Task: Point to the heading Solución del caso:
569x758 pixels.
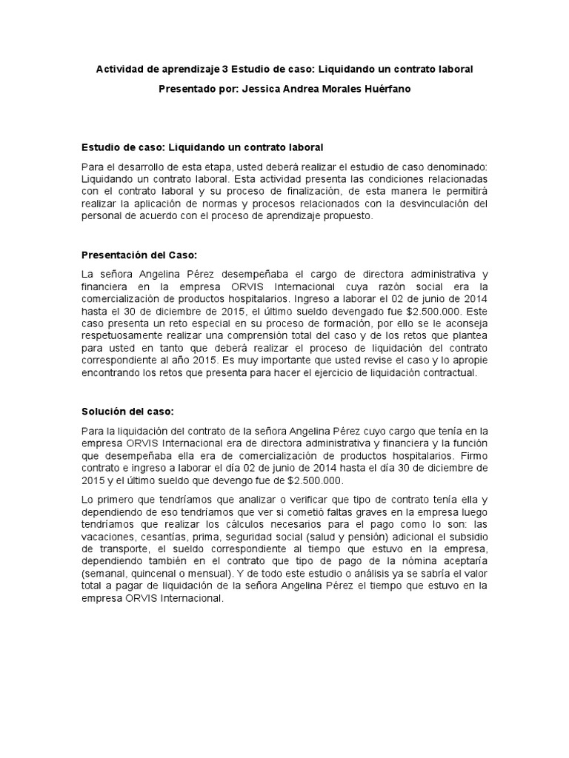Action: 127,412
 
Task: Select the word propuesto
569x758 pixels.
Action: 349,216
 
